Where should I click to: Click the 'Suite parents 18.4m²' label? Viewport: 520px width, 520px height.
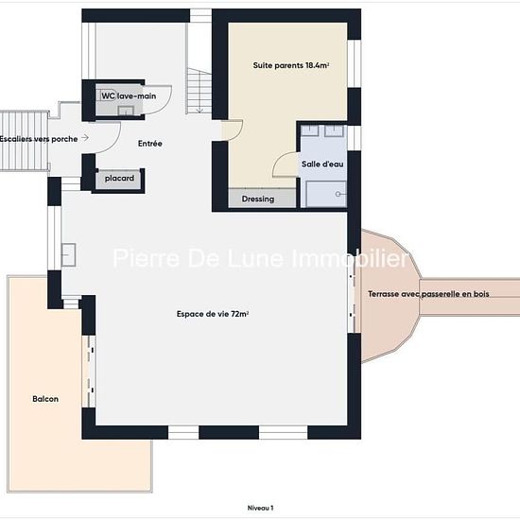[291, 65]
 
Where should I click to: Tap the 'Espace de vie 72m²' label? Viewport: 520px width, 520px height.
[213, 314]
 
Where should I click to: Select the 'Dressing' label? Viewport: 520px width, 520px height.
[258, 199]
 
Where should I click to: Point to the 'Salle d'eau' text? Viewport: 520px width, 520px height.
[322, 164]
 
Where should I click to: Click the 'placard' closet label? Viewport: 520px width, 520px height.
[119, 179]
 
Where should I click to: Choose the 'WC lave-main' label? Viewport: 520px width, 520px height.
[129, 95]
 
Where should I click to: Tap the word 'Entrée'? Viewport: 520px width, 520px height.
[150, 144]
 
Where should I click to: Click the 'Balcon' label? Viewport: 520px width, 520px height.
[45, 399]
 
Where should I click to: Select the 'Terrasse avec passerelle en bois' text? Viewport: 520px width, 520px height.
[428, 294]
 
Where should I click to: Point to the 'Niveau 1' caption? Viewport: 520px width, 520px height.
[260, 508]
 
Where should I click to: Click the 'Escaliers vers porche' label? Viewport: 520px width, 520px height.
[39, 139]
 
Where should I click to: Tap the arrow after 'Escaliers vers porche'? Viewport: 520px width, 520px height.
[85, 137]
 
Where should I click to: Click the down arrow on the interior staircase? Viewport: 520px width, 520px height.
[199, 109]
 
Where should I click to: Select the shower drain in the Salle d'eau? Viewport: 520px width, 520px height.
[338, 194]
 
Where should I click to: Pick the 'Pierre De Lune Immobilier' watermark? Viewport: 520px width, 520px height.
[260, 258]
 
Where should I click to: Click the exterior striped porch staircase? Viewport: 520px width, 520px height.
[25, 141]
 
